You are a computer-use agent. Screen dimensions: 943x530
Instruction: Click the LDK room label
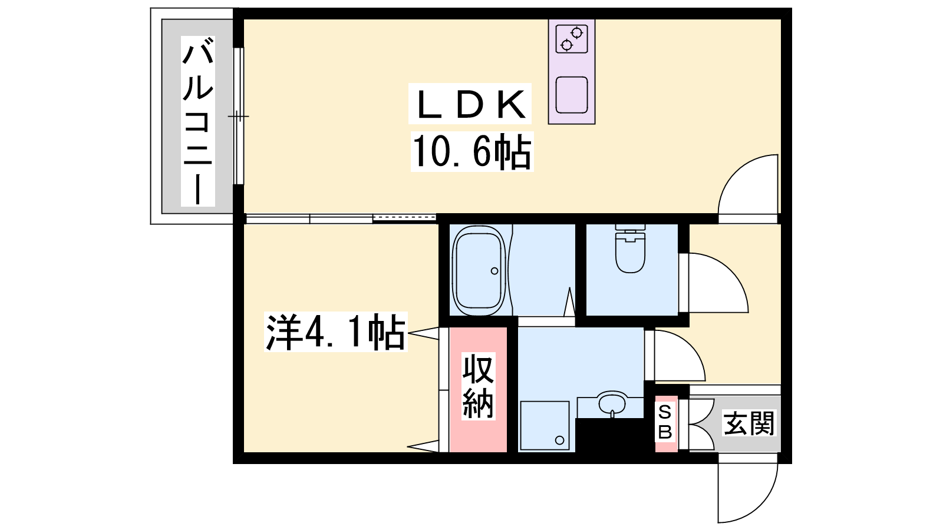pos(470,104)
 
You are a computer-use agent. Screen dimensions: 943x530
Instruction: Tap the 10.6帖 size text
pos(472,151)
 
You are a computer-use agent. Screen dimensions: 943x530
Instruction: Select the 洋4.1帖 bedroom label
pos(335,332)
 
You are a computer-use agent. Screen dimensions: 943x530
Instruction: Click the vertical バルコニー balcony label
pos(198,121)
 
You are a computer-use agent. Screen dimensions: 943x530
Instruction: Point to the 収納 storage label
pos(478,386)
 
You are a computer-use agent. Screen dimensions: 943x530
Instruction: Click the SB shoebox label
pos(665,422)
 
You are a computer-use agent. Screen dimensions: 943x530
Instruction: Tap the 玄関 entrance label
pos(749,423)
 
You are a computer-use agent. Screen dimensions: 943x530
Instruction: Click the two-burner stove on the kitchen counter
pos(572,39)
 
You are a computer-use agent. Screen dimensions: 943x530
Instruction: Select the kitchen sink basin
pos(572,95)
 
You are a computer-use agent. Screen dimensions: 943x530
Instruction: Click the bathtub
pos(479,270)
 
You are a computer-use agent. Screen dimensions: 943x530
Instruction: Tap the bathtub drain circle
pos(494,271)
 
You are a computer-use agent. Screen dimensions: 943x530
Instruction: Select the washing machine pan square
pos(545,426)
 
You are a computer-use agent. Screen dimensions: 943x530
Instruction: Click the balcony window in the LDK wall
pos(239,116)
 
